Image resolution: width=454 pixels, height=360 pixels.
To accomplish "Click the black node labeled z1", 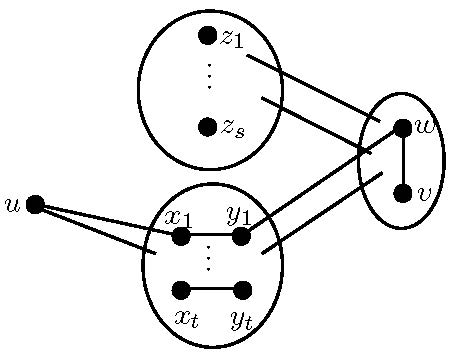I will click(208, 36).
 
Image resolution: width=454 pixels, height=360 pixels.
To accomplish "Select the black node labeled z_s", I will click(208, 126).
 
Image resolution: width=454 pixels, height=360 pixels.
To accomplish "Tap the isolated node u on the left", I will click(35, 204).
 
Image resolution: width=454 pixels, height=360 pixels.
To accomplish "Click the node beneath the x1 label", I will click(181, 236).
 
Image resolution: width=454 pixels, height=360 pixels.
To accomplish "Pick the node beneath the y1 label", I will click(241, 236).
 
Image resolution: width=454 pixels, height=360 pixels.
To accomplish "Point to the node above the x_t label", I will click(181, 290).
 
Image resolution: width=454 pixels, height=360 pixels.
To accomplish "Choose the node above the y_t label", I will click(242, 290).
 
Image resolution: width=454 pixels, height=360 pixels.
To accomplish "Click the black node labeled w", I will click(403, 127).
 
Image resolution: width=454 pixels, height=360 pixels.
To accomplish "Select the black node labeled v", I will click(403, 193).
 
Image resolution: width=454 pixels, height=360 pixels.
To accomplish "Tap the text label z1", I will click(233, 38).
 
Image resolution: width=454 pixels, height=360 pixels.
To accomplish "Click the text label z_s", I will click(234, 128).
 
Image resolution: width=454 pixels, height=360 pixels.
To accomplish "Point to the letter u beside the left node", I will click(13, 205).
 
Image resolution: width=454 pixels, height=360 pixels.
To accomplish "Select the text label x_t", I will click(186, 319).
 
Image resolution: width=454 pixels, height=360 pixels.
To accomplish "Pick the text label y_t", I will click(241, 320).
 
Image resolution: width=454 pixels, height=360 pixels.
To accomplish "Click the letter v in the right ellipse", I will click(424, 193).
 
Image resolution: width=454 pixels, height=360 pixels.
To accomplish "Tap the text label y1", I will click(239, 214).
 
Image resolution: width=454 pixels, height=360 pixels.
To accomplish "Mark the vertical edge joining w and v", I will click(403, 160).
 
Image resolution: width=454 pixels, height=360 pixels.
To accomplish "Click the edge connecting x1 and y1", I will click(211, 236).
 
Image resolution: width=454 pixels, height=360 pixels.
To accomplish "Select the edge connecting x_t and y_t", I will click(211, 290).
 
